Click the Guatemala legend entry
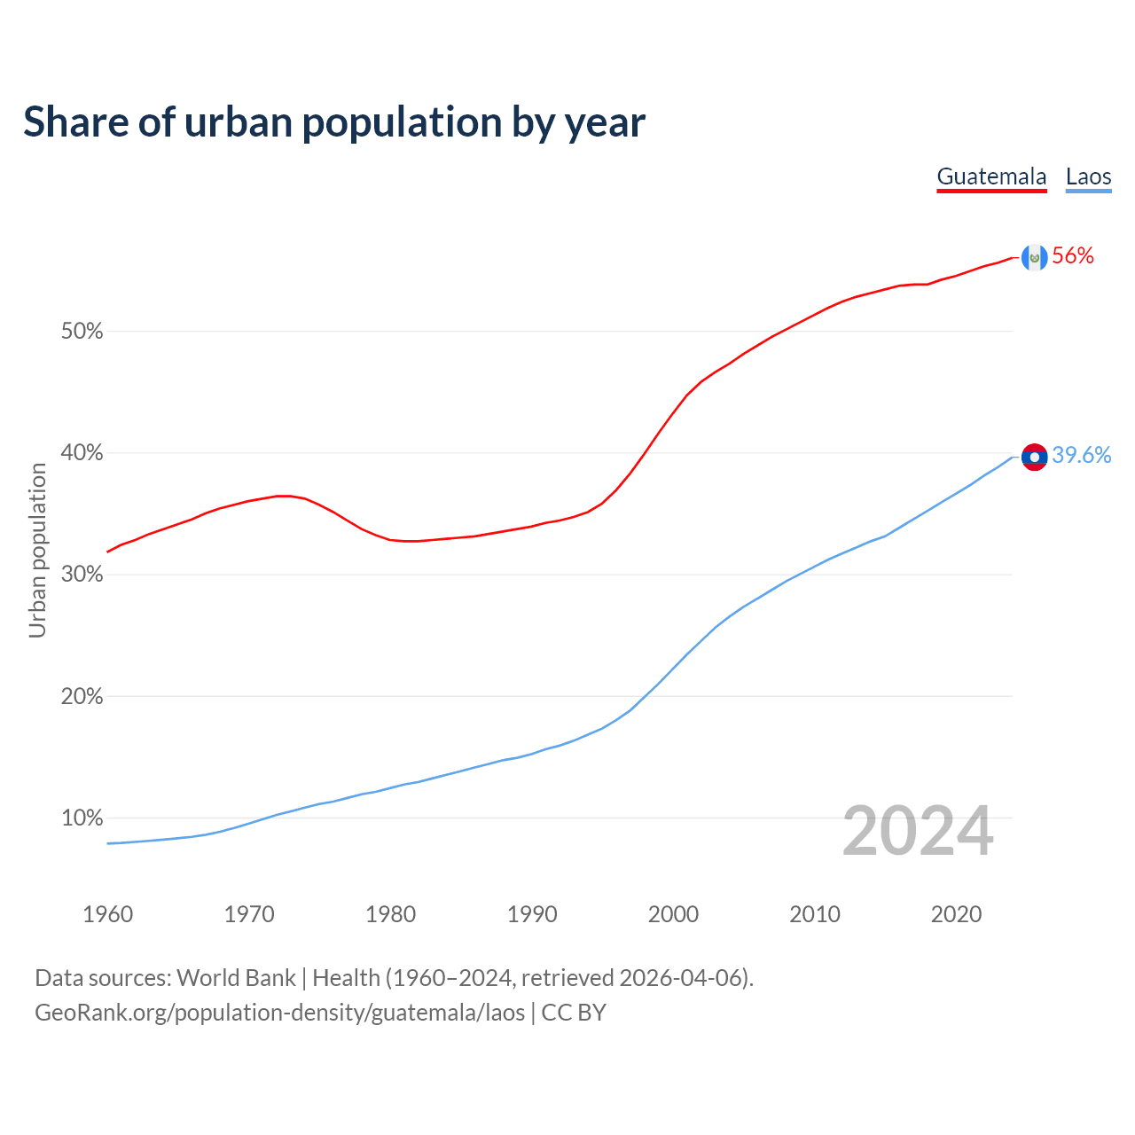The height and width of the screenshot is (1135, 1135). click(991, 176)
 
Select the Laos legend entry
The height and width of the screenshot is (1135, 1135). click(1088, 176)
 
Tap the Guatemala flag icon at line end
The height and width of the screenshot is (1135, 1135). click(1034, 257)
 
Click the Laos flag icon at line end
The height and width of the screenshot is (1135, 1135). click(1034, 457)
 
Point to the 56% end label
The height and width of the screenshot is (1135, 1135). click(1073, 256)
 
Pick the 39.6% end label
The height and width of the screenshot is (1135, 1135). click(1081, 455)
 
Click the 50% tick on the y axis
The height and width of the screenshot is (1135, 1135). click(82, 332)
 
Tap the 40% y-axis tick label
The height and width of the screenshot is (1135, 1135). click(82, 453)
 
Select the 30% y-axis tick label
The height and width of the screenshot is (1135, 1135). click(82, 575)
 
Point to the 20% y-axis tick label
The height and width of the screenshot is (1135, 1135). click(82, 697)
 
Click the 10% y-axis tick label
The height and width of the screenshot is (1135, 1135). click(82, 818)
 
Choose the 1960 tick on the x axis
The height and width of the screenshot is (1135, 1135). click(107, 914)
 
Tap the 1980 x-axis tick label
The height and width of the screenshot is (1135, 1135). click(390, 914)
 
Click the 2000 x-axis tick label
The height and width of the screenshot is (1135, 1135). click(673, 914)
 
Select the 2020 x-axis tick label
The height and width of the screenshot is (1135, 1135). click(956, 914)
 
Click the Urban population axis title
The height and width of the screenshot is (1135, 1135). click(37, 550)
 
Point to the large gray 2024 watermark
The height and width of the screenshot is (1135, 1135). click(917, 832)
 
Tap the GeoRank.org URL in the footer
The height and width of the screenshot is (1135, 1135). click(279, 1013)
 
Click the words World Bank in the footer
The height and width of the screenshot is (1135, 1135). click(236, 978)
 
